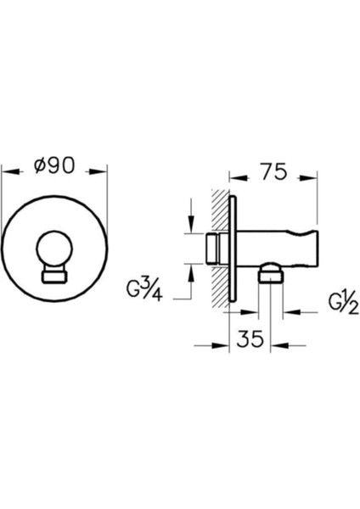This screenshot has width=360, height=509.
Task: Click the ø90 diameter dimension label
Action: click(x=54, y=165)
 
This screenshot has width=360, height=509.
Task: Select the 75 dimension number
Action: click(x=274, y=171)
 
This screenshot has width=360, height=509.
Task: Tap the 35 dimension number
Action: click(x=250, y=339)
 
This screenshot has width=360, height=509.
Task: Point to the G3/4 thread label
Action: click(x=144, y=290)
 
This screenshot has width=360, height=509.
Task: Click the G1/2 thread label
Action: click(x=343, y=305)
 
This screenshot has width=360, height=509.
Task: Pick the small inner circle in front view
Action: click(x=54, y=249)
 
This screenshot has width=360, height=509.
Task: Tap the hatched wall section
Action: click(x=220, y=248)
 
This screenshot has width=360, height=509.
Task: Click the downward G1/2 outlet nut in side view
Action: click(x=271, y=274)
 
